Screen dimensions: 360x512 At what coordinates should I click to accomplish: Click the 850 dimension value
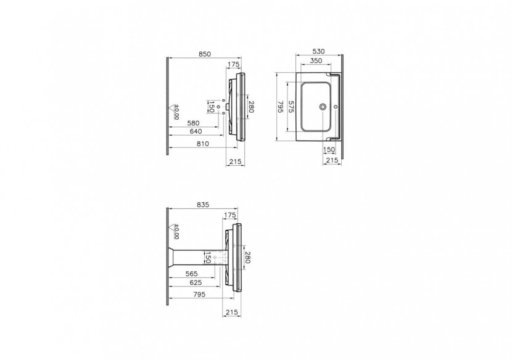[205, 54]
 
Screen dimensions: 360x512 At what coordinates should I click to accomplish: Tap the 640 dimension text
[196, 131]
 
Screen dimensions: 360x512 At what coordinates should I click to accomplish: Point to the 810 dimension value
[203, 144]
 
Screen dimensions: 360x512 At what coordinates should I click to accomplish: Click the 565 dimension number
[192, 274]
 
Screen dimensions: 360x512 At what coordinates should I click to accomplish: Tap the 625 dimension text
[195, 282]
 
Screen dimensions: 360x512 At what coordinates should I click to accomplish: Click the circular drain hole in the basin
[323, 107]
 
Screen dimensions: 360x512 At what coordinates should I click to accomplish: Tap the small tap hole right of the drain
[336, 107]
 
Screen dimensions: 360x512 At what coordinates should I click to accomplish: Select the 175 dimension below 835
[230, 215]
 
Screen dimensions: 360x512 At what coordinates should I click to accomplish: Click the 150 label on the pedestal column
[209, 257]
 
